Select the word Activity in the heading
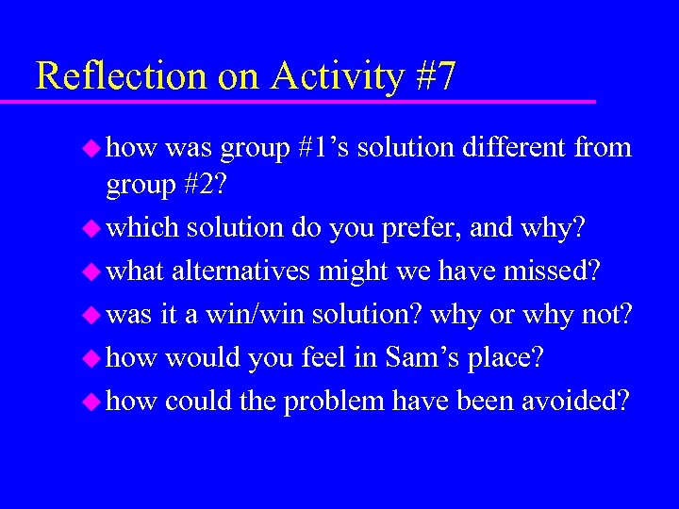[x=337, y=76]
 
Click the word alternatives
[x=241, y=271]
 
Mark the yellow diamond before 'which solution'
[x=92, y=227]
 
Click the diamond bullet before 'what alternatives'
[x=92, y=271]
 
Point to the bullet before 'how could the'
[x=92, y=401]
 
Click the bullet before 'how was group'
[x=92, y=148]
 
